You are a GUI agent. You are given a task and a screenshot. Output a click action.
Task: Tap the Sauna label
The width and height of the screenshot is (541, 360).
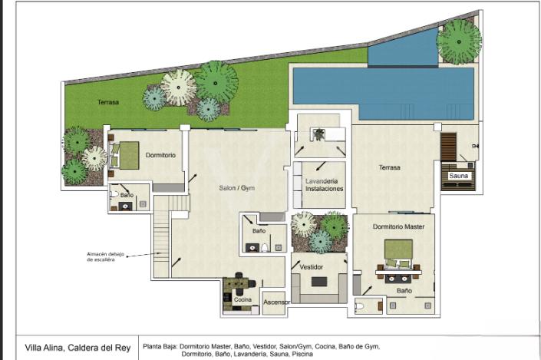tap(458, 176)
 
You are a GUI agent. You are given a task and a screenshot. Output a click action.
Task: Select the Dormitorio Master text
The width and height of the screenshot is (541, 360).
tap(404, 226)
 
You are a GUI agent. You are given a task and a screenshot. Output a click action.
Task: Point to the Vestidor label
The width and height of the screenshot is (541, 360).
tap(311, 266)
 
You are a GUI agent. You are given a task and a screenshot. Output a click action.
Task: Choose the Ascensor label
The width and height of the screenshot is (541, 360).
tap(276, 302)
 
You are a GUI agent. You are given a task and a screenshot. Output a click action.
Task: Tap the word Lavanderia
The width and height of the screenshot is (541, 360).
tap(322, 180)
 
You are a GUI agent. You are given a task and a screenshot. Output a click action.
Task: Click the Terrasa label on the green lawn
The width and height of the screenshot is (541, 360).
tap(108, 102)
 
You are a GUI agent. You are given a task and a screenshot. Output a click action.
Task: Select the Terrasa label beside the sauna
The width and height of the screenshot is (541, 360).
tap(390, 167)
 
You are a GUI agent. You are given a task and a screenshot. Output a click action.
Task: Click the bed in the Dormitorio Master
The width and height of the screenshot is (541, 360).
tap(398, 255)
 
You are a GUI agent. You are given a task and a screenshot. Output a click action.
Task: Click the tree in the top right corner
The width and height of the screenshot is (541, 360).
tap(459, 41)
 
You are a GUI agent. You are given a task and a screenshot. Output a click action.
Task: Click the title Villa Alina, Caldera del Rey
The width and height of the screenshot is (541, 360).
tap(74, 346)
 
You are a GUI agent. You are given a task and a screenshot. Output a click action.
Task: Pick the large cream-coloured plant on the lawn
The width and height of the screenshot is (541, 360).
tap(179, 88)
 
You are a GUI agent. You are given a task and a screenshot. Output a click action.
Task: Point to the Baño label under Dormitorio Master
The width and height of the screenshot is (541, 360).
tap(404, 291)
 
